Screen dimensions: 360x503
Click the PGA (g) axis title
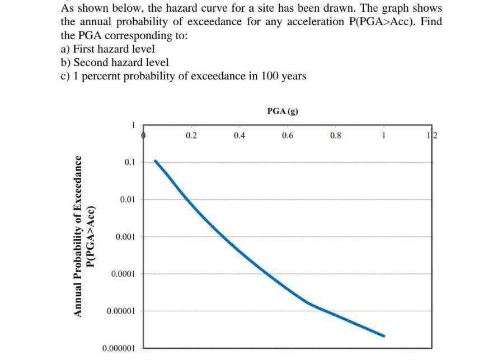click(283, 111)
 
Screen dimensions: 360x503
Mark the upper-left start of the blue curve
click(156, 161)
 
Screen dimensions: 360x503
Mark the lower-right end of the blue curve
click(384, 336)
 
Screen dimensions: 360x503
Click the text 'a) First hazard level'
click(107, 49)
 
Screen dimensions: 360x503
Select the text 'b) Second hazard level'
click(114, 63)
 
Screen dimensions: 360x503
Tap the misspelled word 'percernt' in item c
click(101, 76)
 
